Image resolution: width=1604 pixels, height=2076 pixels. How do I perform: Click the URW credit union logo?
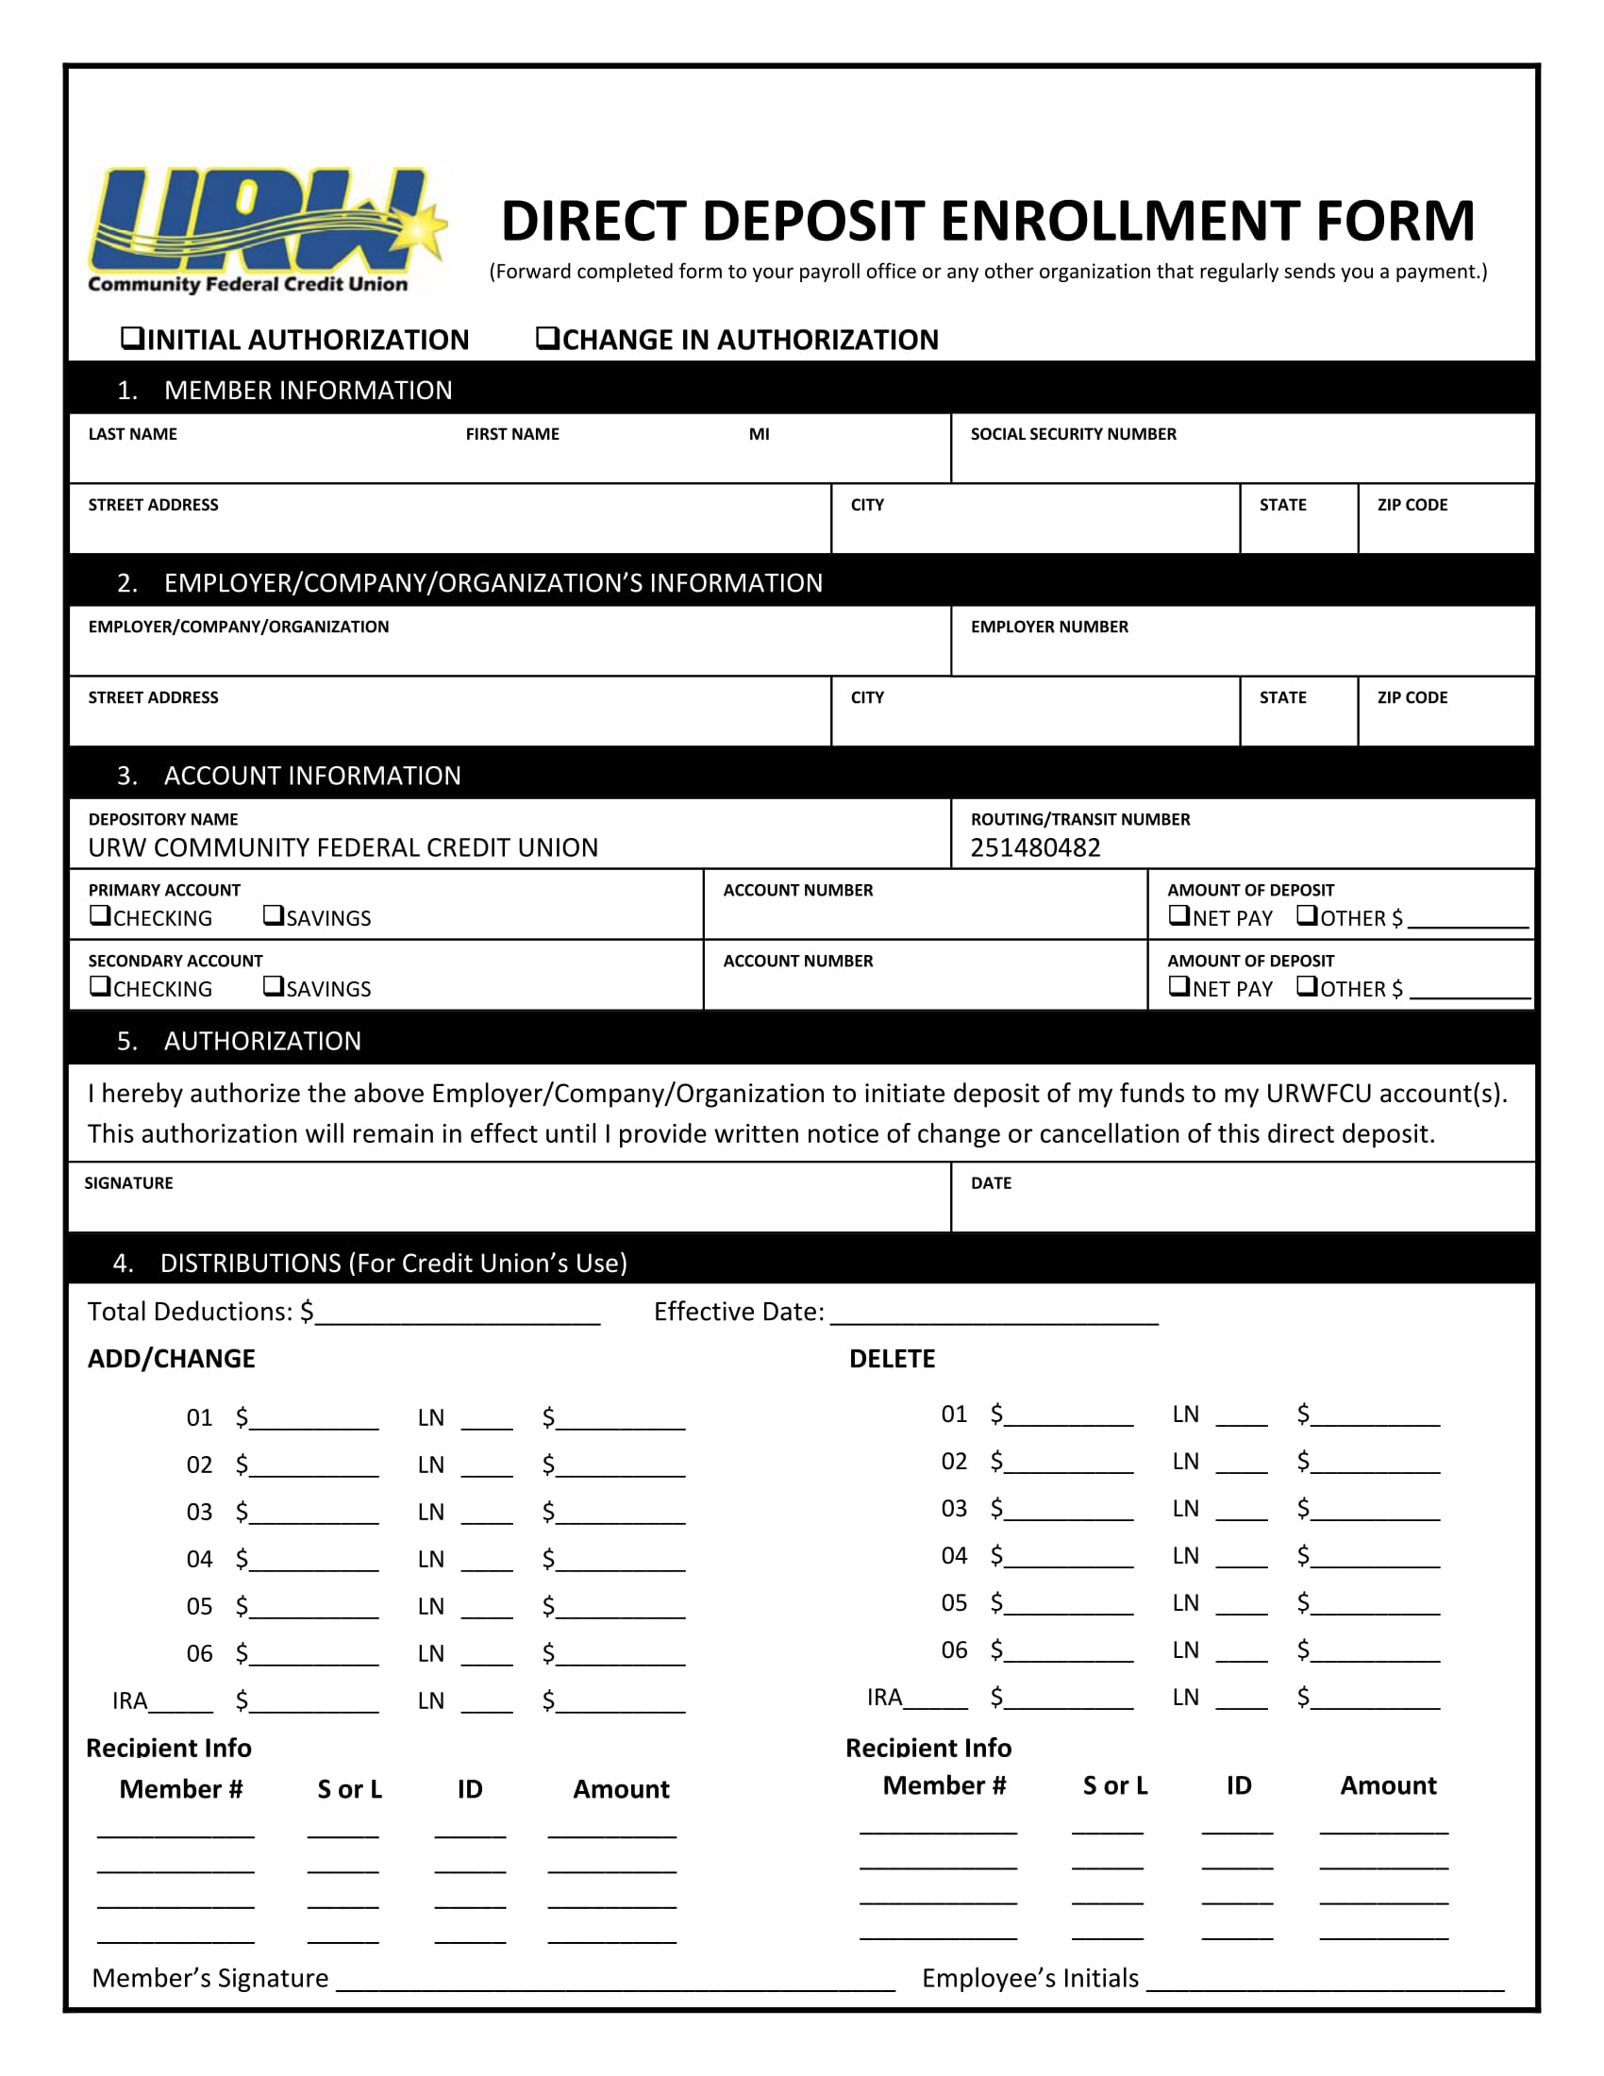265,230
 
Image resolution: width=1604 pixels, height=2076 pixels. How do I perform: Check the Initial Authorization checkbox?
132,339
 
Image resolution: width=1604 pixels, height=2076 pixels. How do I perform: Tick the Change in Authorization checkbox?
547,339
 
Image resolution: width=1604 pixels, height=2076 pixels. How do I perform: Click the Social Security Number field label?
1073,434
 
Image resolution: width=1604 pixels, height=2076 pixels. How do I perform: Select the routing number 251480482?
1035,848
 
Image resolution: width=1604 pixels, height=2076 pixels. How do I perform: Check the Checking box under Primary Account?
100,916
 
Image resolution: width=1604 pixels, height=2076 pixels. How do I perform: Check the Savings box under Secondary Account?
274,987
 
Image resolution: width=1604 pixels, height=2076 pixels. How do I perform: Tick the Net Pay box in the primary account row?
1178,916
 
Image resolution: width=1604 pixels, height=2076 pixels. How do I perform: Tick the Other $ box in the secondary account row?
1308,987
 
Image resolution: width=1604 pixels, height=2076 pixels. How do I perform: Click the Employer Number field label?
1049,628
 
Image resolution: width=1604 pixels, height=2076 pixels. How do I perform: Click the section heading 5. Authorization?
239,1041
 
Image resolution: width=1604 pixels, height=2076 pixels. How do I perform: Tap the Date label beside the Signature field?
991,1183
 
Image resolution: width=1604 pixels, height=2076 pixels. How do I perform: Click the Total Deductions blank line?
457,1315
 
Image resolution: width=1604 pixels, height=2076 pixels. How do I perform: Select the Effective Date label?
739,1313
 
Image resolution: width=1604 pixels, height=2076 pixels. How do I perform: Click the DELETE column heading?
892,1359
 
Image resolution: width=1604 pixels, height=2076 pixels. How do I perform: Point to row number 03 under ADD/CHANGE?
198,1513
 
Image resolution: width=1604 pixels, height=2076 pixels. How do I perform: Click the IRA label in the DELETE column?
884,1698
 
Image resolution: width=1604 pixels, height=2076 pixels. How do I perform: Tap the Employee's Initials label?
1029,1979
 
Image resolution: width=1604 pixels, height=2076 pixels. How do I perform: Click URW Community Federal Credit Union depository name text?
343,848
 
